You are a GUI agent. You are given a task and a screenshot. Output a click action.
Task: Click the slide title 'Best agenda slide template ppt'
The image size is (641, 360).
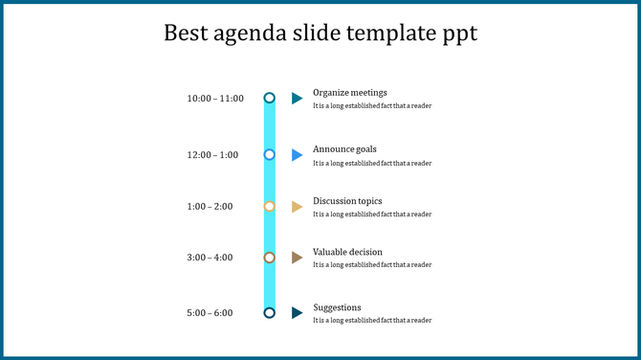tap(320, 34)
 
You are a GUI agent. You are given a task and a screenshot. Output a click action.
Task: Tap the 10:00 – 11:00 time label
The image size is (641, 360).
tap(215, 99)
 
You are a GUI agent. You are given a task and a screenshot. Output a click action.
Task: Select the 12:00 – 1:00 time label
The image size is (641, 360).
tap(212, 155)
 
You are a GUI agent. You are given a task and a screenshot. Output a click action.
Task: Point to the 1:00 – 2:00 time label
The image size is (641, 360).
tap(210, 207)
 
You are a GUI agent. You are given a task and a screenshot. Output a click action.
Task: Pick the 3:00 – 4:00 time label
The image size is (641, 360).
tap(210, 258)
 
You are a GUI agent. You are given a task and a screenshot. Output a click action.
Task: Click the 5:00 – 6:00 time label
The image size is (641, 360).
tap(210, 313)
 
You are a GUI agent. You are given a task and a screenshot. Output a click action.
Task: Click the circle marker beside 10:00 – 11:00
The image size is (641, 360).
tap(270, 98)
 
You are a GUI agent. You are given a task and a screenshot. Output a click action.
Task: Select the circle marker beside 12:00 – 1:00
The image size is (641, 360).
tap(270, 154)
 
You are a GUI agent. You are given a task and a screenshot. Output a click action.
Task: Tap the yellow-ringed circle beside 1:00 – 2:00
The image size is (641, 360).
tap(270, 207)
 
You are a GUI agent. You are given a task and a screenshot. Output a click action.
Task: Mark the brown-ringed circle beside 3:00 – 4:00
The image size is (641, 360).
tap(270, 258)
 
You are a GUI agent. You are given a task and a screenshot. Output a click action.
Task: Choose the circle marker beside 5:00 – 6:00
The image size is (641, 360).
tap(270, 312)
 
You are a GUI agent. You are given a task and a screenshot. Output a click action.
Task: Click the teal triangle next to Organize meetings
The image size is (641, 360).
tap(297, 98)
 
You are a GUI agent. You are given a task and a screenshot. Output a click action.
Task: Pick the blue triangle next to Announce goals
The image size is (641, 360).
tap(297, 154)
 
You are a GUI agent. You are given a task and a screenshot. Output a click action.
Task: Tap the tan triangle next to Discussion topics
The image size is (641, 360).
tap(297, 207)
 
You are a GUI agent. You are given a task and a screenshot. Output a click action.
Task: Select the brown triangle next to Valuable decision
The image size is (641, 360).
tap(297, 258)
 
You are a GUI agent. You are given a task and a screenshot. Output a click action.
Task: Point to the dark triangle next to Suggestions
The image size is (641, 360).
tap(297, 312)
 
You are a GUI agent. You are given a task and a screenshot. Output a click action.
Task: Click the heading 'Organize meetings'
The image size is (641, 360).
tap(350, 93)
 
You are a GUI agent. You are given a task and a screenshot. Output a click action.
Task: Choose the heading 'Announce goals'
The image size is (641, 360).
tap(344, 149)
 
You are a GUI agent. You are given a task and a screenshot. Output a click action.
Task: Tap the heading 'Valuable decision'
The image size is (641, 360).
tap(347, 252)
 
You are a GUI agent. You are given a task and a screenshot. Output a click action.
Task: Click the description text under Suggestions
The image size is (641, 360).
tap(372, 321)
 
